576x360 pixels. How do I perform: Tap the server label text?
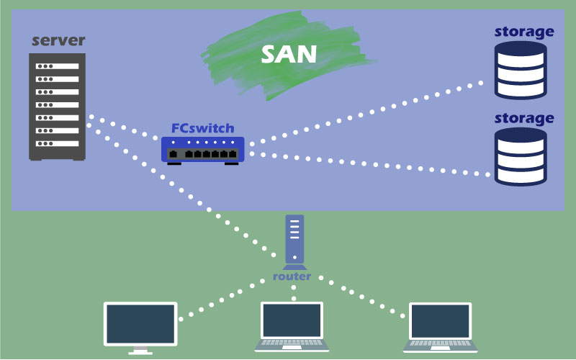click(x=58, y=40)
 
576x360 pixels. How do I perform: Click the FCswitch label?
click(x=202, y=128)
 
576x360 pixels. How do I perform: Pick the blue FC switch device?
click(x=203, y=150)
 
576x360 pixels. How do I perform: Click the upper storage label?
click(x=524, y=32)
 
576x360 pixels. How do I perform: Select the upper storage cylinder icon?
click(x=521, y=70)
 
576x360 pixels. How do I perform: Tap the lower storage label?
click(x=524, y=118)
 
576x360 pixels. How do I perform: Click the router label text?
click(x=292, y=276)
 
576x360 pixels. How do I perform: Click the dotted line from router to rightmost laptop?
click(x=360, y=295)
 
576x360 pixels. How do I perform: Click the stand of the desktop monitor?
click(x=140, y=351)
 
